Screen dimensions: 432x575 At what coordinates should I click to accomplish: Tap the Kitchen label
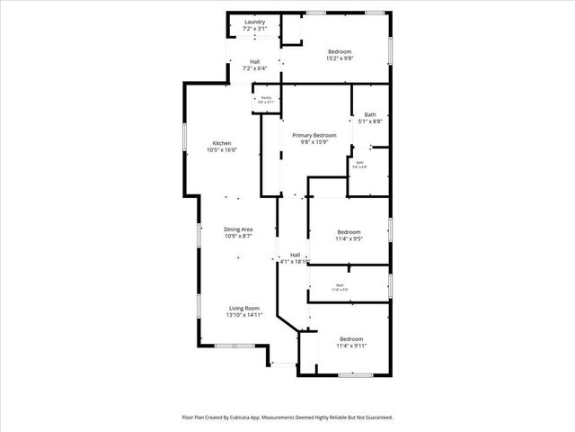point(222,143)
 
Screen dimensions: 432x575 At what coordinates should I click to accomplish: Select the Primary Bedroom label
point(314,134)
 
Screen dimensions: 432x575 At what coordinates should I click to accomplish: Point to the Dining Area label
point(238,229)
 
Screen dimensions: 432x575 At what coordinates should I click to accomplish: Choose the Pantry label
point(266,97)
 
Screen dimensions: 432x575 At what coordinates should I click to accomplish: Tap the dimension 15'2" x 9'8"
point(340,58)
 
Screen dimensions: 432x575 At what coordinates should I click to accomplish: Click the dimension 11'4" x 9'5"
point(349,238)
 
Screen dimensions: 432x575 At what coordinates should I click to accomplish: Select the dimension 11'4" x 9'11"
point(351,345)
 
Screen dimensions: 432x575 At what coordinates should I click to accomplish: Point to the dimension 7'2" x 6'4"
point(255,68)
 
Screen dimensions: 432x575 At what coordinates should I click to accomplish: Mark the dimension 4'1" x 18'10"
point(295,262)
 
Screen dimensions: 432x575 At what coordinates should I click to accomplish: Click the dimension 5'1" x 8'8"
point(370,121)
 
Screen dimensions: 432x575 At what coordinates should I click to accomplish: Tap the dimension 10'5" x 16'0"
point(222,150)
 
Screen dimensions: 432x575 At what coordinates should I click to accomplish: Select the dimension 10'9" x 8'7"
point(238,237)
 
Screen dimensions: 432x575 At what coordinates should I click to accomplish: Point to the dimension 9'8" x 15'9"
point(314,141)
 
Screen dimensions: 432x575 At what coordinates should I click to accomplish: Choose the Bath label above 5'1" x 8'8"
point(370,114)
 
